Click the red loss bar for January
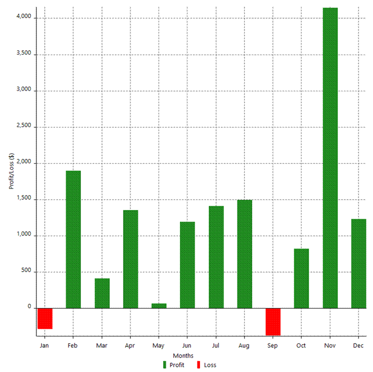click(x=45, y=319)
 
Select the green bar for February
click(x=73, y=239)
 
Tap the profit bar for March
click(x=102, y=293)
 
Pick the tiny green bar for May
click(x=159, y=306)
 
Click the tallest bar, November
click(x=330, y=158)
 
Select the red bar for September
click(x=273, y=321)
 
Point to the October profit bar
click(x=301, y=278)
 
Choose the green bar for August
click(x=245, y=254)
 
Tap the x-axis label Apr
click(x=130, y=346)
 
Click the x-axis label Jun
click(x=187, y=346)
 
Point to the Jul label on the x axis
click(x=216, y=346)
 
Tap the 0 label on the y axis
click(x=29, y=307)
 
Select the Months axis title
click(x=186, y=356)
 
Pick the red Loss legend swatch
click(x=199, y=365)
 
